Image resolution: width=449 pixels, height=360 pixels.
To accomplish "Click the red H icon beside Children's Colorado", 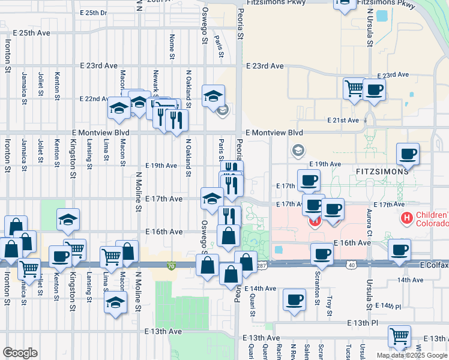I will [x=406, y=219].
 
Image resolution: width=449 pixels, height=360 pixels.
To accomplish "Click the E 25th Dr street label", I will [x=93, y=12].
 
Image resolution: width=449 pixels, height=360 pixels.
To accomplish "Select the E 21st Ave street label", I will [x=343, y=121].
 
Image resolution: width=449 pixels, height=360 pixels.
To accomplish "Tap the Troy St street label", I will [x=330, y=302].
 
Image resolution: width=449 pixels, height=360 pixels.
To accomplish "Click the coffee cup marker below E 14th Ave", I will [x=294, y=299].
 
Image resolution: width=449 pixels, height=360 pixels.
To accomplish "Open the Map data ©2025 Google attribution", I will [x=412, y=355].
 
